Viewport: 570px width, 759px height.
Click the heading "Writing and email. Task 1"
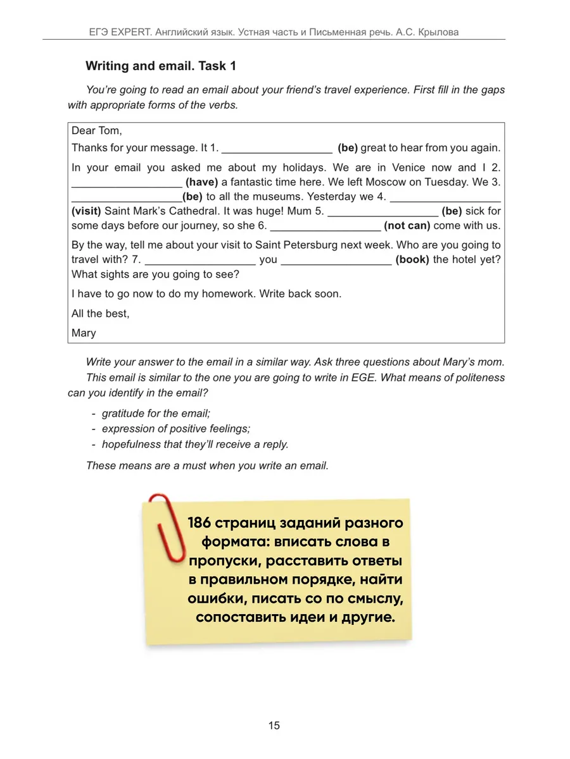pos(160,66)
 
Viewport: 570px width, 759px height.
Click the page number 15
pos(274,725)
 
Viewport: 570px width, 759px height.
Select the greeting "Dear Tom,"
pos(96,130)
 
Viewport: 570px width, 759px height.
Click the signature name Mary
pos(84,333)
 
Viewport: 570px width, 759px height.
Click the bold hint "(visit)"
pos(86,211)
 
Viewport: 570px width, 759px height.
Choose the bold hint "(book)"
pos(412,259)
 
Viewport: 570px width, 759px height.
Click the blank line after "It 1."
pos(277,149)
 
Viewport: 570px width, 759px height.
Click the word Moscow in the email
pos(379,182)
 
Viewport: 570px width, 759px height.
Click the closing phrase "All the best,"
pos(100,314)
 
